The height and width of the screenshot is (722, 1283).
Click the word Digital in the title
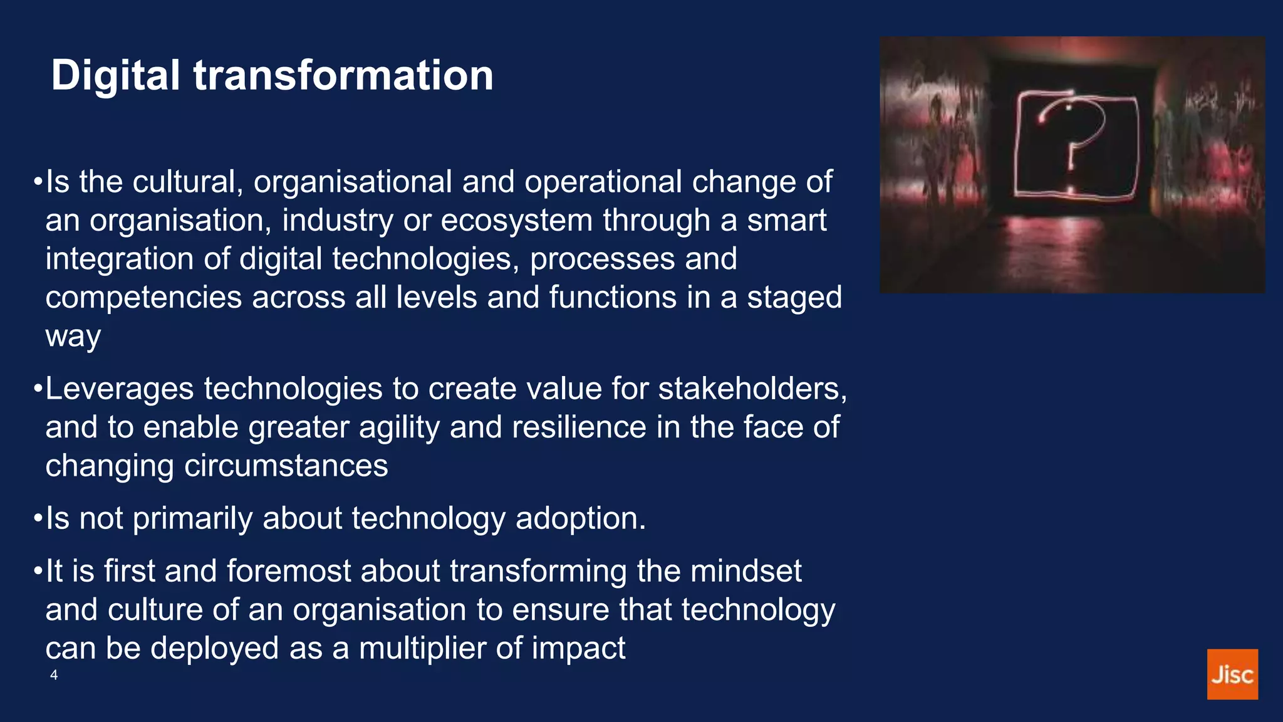115,76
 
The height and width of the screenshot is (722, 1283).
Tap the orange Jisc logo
1232,674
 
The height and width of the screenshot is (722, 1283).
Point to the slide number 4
54,675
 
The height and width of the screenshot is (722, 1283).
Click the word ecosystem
516,221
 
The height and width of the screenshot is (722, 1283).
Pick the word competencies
143,298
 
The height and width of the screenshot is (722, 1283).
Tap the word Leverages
120,389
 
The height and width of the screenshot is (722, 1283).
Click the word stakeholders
752,389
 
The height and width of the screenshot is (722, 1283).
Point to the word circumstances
286,466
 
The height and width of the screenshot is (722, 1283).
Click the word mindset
745,571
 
